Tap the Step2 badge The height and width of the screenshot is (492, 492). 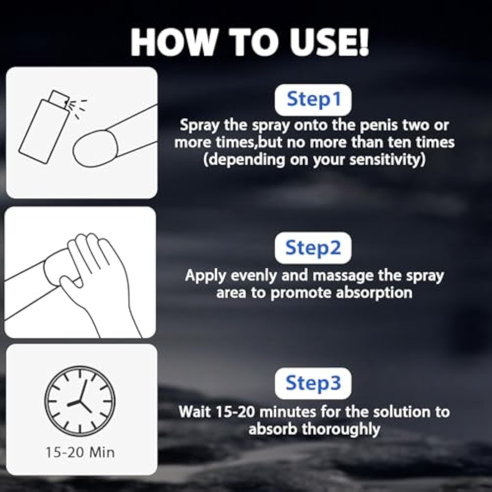point(313,248)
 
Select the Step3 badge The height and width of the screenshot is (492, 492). point(313,383)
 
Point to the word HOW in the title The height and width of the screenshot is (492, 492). point(174,42)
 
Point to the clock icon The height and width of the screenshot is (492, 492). point(80,401)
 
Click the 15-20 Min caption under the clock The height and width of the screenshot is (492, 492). point(80,453)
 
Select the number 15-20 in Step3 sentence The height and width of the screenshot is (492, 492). point(236,412)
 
